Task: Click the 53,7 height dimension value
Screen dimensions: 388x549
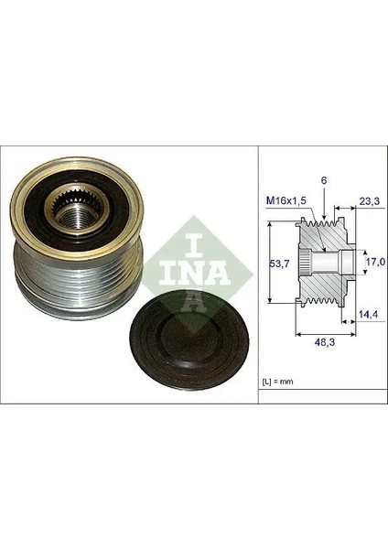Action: pyautogui.click(x=279, y=264)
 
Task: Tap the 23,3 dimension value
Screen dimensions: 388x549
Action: pyautogui.click(x=369, y=200)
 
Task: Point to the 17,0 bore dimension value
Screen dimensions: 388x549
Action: pyautogui.click(x=375, y=261)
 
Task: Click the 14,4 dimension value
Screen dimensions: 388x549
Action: pyautogui.click(x=369, y=315)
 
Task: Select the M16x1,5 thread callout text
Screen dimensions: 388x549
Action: pyautogui.click(x=286, y=200)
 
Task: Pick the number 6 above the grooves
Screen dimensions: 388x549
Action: pyautogui.click(x=324, y=180)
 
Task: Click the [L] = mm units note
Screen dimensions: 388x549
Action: pyautogui.click(x=277, y=382)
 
